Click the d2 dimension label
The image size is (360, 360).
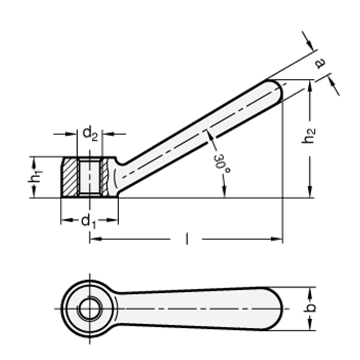[x=90, y=134]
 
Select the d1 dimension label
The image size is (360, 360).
[x=89, y=221]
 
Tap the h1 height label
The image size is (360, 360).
[x=35, y=177]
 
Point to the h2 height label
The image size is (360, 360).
[x=309, y=136]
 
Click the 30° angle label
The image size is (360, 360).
[x=222, y=163]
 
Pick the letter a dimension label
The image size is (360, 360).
[x=320, y=63]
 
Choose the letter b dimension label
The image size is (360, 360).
[x=310, y=308]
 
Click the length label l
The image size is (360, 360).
[x=186, y=239]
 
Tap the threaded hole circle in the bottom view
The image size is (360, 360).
[x=89, y=309]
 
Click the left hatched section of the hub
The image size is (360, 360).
[x=70, y=177]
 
